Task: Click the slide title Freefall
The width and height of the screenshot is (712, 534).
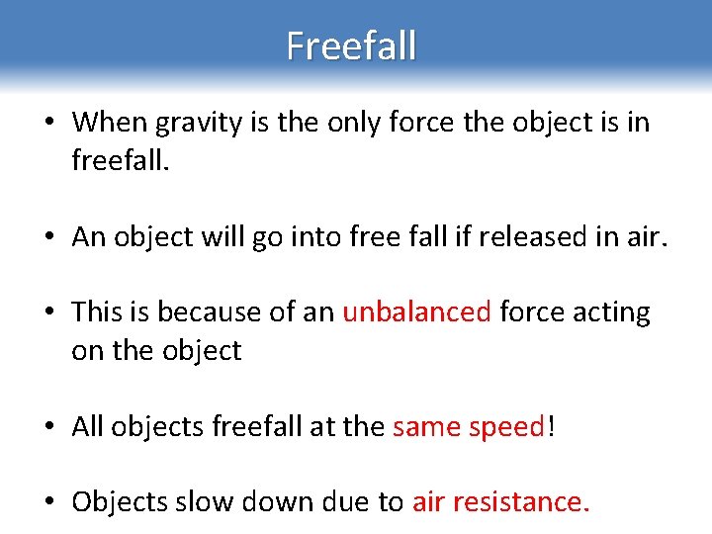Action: (x=351, y=45)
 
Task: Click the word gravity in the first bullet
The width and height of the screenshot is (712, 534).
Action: (x=183, y=123)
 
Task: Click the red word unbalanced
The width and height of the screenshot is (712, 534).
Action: (x=416, y=312)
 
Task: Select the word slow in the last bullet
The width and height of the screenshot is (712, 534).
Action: (x=201, y=501)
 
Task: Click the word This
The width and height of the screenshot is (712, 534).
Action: (x=97, y=312)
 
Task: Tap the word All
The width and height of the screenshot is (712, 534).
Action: (x=88, y=426)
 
